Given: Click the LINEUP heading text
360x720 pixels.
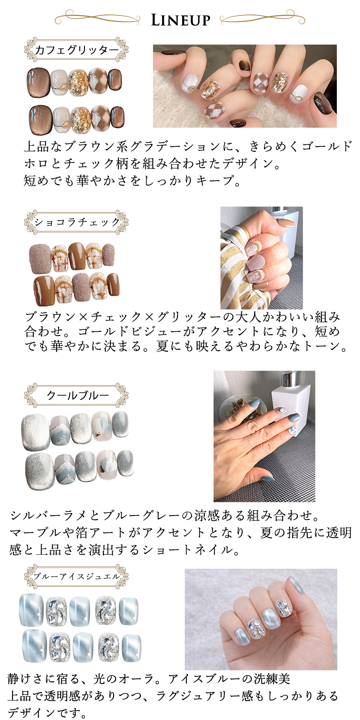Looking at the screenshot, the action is tap(180, 20).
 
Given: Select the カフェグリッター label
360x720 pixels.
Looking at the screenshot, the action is tap(76, 50).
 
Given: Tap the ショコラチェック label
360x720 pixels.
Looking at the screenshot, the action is tap(76, 222).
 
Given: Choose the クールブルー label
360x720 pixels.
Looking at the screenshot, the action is tap(76, 395).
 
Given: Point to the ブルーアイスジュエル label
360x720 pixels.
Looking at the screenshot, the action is tap(76, 576).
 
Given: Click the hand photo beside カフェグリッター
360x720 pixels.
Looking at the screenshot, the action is tap(245, 86).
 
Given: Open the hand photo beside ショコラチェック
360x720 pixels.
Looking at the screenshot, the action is tap(261, 258).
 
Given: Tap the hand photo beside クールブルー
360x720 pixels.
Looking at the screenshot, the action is tap(264, 436).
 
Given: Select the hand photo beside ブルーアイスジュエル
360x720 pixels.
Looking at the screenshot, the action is tap(261, 619).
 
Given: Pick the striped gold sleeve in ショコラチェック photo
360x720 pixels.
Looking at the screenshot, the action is tap(238, 267).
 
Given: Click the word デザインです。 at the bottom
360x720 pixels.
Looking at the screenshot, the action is tap(47, 713).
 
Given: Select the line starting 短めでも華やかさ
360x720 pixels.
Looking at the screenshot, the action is tap(132, 180).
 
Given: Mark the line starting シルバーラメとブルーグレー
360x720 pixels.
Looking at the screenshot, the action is tap(165, 515).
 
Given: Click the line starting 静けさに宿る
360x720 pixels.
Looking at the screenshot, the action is tap(149, 678).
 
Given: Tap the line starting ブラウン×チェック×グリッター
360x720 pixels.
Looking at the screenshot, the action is tap(183, 317).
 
